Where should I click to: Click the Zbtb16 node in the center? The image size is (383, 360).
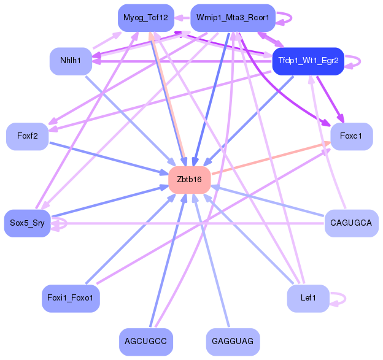coord(189,179)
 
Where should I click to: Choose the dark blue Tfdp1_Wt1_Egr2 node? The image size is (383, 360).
coord(308,61)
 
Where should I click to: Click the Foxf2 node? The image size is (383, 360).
coord(27,136)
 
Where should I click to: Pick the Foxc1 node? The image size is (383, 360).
coord(351,136)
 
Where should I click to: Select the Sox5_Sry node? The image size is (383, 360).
coord(27,223)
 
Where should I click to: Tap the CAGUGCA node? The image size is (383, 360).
coord(350,223)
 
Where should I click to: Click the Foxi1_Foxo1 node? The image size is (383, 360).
coord(71,299)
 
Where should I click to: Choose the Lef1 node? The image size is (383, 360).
coord(308,299)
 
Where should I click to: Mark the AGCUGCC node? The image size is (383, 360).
coord(145,340)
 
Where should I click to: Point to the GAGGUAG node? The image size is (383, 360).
coord(232,340)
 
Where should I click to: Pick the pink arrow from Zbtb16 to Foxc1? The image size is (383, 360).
coord(270,158)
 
